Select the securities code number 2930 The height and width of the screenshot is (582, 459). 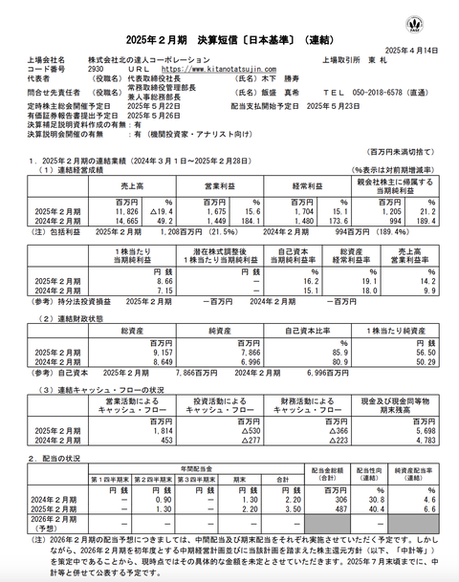pos(95,69)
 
